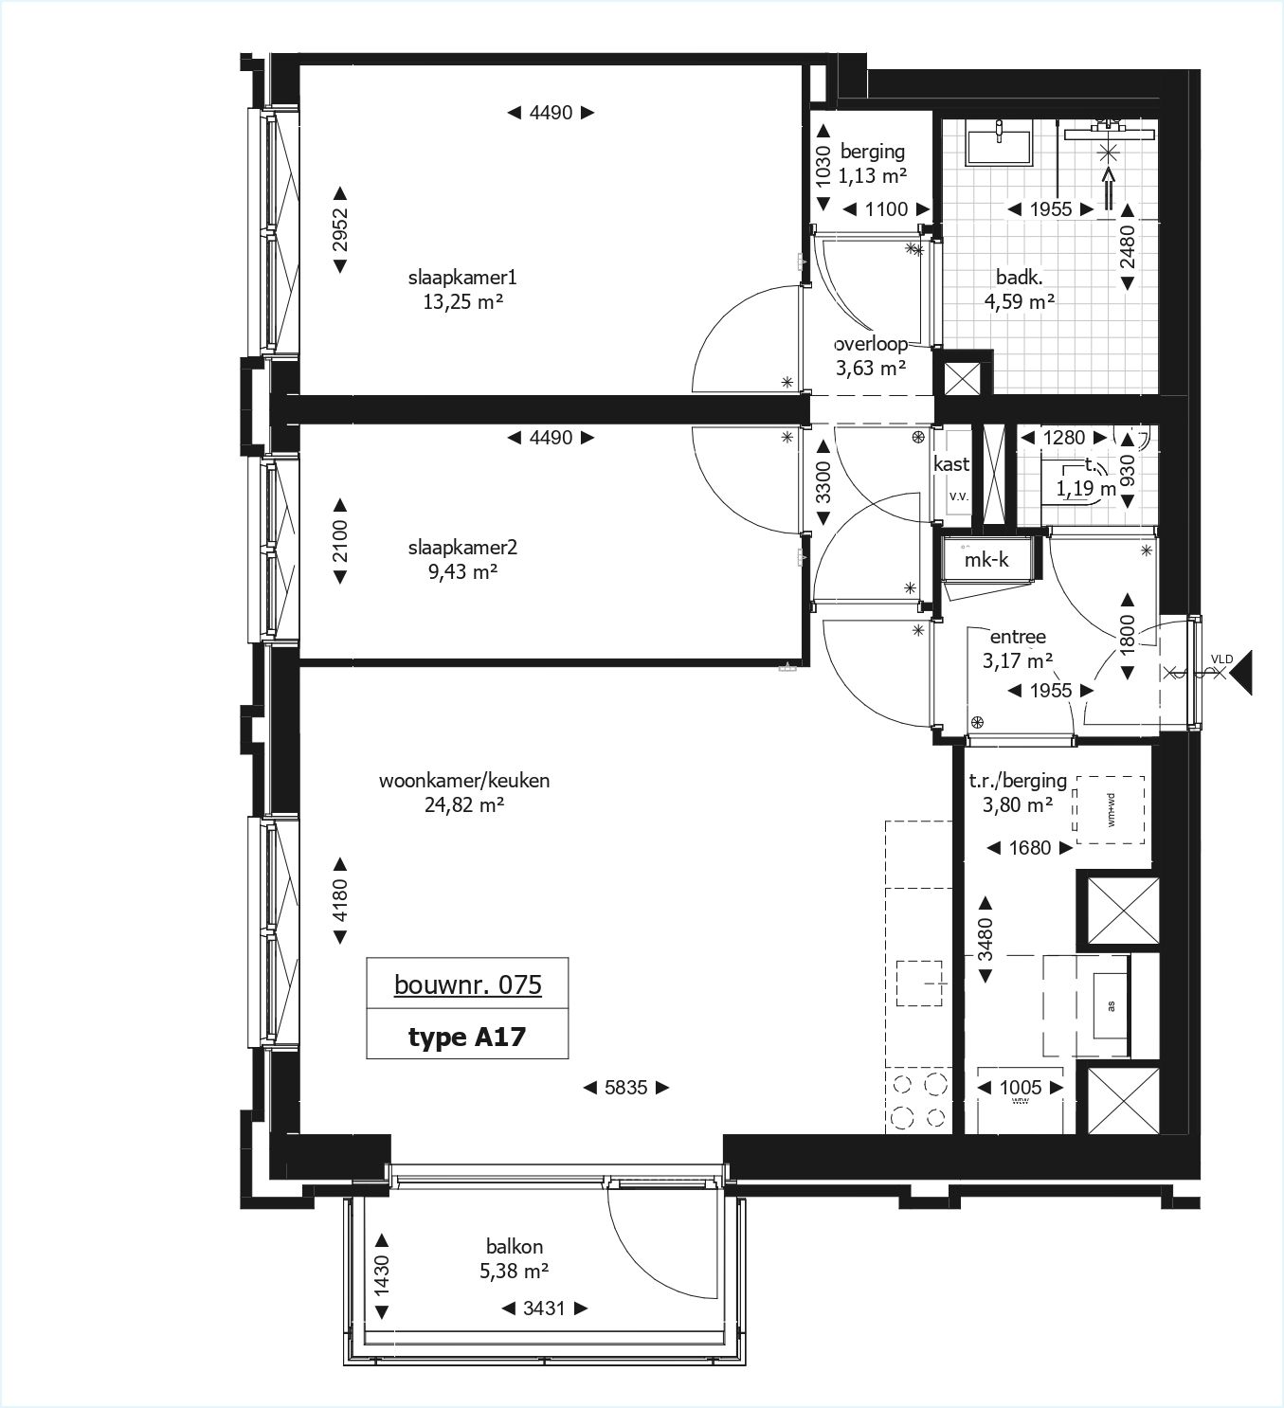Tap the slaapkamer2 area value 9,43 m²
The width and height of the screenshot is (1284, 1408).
pyautogui.click(x=461, y=571)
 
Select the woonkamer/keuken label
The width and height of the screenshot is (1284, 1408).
pyautogui.click(x=464, y=781)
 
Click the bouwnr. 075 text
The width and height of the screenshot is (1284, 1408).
pyautogui.click(x=467, y=985)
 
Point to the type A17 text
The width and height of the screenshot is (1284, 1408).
pyautogui.click(x=467, y=1037)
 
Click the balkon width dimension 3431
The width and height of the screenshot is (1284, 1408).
pyautogui.click(x=544, y=1309)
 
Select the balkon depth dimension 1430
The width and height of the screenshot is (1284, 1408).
pyautogui.click(x=382, y=1276)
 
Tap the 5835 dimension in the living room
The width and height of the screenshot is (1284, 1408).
pyautogui.click(x=626, y=1088)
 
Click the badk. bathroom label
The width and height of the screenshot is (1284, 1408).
pyautogui.click(x=1020, y=278)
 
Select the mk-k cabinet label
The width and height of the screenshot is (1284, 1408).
pyautogui.click(x=986, y=560)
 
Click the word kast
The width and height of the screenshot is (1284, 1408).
pyautogui.click(x=951, y=463)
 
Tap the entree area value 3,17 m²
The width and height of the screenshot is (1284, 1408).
pyautogui.click(x=1019, y=660)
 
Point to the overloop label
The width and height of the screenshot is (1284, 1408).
pyautogui.click(x=871, y=344)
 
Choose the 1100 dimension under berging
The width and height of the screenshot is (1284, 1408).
pyautogui.click(x=886, y=209)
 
